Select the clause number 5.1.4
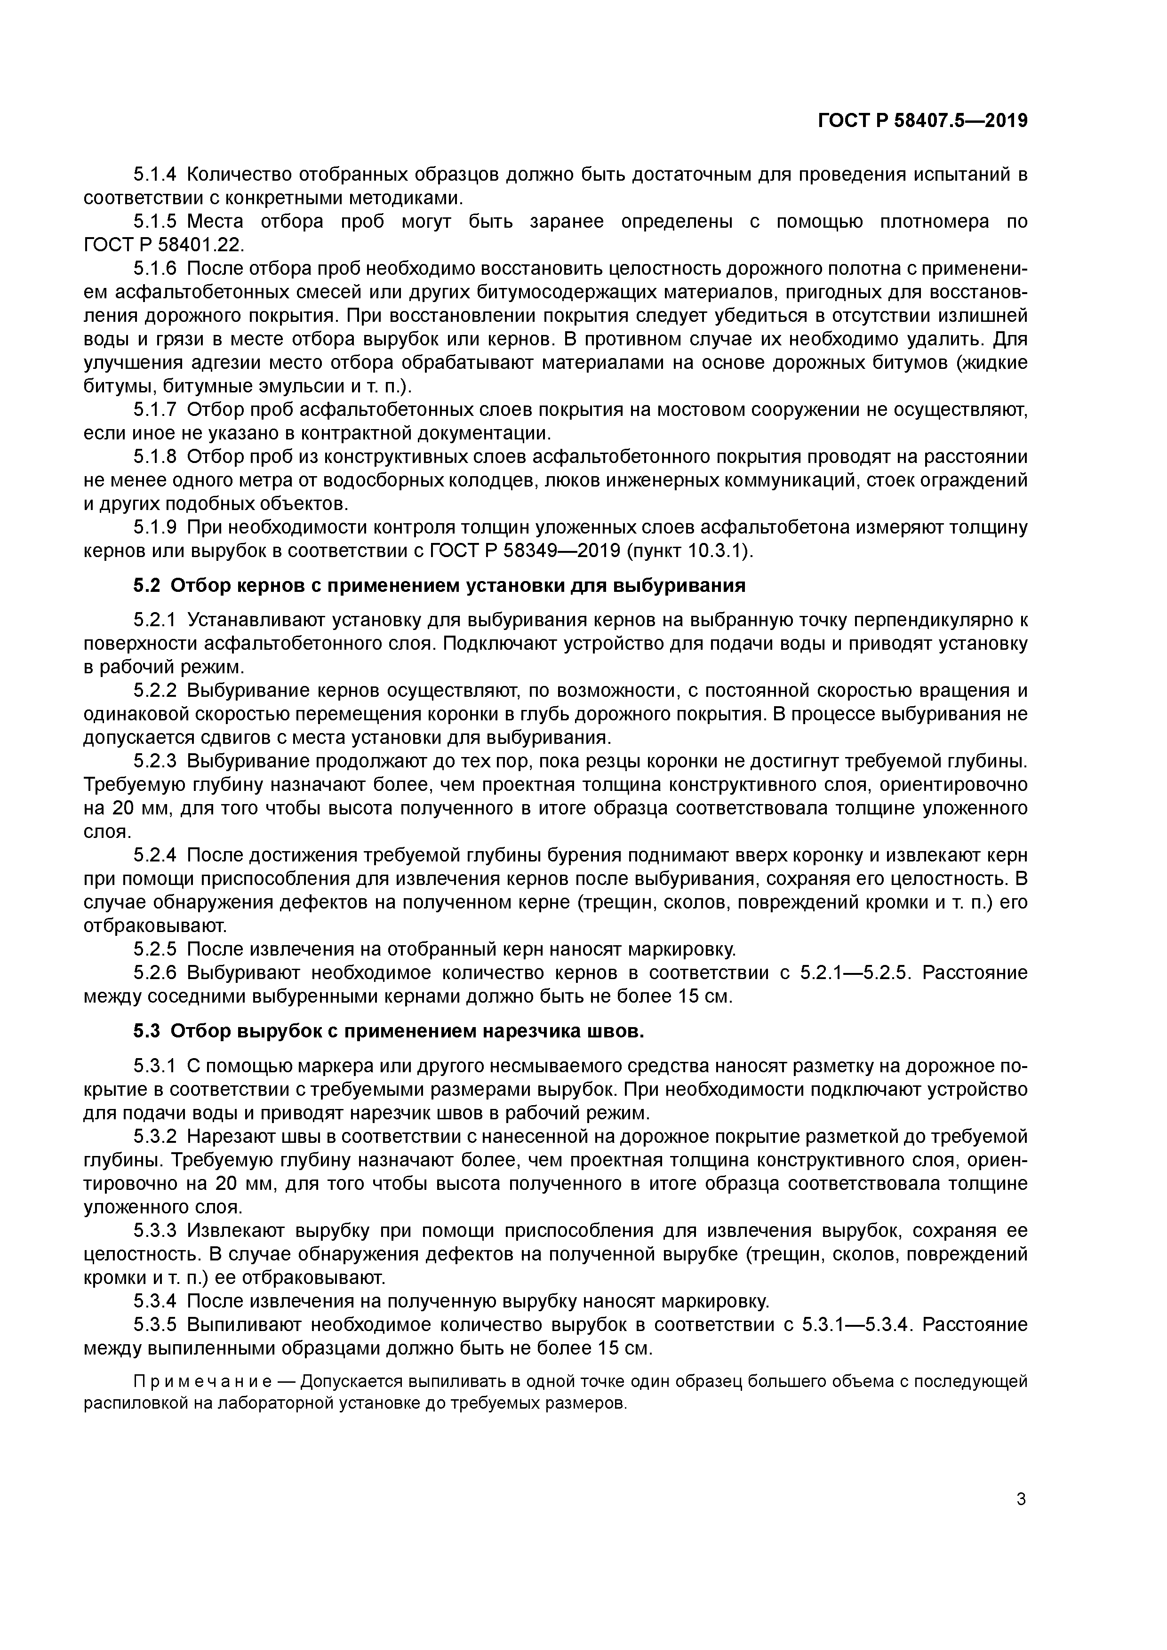click(x=154, y=175)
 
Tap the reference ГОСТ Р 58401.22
click(x=163, y=245)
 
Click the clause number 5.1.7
click(x=154, y=410)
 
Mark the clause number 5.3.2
click(x=154, y=1136)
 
